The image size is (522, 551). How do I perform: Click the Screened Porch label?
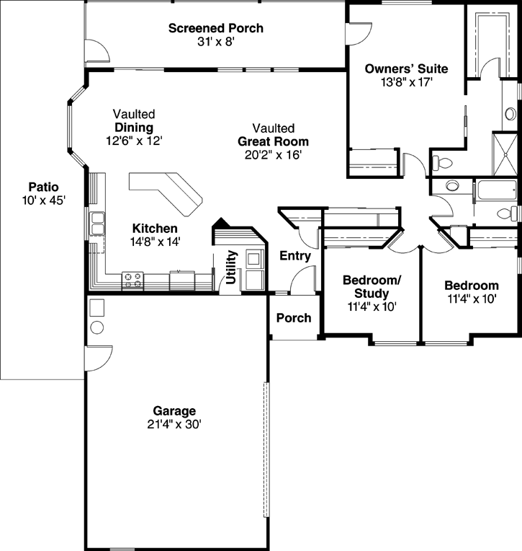(x=215, y=28)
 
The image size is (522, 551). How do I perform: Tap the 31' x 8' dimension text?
(x=215, y=42)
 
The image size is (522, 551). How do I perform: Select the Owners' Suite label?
(x=406, y=69)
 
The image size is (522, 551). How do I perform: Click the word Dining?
(x=134, y=128)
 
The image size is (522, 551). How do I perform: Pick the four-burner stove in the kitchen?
(x=132, y=280)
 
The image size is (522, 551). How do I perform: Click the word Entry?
(x=294, y=255)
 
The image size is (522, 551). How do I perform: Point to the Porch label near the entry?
(x=294, y=317)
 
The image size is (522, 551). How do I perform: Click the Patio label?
(x=44, y=187)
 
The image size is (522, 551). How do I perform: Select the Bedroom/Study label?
(x=372, y=286)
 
